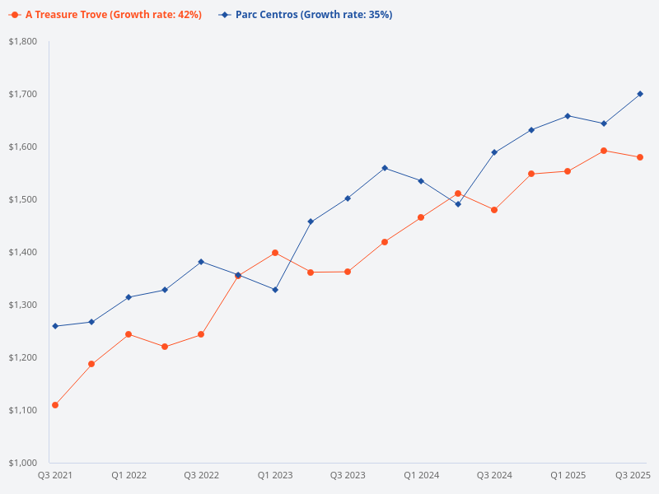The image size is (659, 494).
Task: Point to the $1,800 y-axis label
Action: click(23, 41)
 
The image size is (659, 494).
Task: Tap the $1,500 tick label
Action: click(23, 199)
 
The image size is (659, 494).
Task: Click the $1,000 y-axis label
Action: click(23, 463)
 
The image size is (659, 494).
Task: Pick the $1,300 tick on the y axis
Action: click(23, 305)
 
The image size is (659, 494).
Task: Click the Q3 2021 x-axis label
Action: click(55, 475)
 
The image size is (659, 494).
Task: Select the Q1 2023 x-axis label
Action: click(275, 475)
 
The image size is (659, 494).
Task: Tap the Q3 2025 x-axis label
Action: click(633, 475)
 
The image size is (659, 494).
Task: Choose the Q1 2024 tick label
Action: click(421, 475)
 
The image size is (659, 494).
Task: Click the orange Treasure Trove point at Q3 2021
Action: click(55, 405)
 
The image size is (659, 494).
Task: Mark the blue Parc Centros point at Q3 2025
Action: click(640, 94)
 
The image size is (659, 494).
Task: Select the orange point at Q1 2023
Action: click(275, 253)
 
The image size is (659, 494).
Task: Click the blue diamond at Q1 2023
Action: click(275, 290)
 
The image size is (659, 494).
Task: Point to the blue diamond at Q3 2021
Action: click(55, 326)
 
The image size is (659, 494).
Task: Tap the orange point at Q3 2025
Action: click(640, 157)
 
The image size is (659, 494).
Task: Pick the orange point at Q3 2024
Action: click(494, 210)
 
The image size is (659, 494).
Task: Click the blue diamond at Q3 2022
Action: click(201, 262)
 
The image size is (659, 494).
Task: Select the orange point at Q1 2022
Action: click(129, 334)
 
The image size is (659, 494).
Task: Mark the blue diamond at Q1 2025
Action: click(568, 116)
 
